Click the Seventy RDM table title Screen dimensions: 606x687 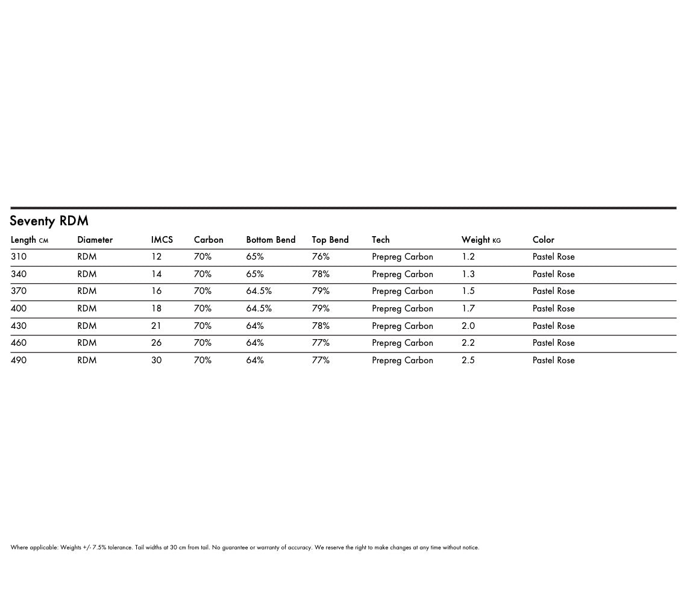[x=49, y=221]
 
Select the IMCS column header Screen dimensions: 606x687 [x=162, y=240]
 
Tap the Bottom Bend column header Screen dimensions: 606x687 [x=271, y=240]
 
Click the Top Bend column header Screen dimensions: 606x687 [x=330, y=240]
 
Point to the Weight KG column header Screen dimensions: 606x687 [x=480, y=240]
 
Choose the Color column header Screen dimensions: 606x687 [x=543, y=240]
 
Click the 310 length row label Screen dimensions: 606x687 [x=19, y=257]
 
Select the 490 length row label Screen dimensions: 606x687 [x=19, y=360]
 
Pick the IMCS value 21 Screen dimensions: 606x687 [x=156, y=326]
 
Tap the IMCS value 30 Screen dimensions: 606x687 [x=156, y=360]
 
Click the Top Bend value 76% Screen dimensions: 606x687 [x=321, y=257]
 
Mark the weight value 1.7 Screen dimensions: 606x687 [x=468, y=308]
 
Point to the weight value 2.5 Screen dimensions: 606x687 [x=468, y=360]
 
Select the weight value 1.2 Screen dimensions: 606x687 [x=468, y=257]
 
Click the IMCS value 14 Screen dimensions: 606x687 [x=156, y=274]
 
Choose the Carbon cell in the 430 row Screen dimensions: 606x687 [x=202, y=326]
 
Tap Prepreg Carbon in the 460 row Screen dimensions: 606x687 [x=402, y=343]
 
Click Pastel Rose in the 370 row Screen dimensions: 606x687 [x=553, y=291]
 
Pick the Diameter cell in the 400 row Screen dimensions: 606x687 [x=86, y=308]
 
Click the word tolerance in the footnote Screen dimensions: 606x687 [x=121, y=548]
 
